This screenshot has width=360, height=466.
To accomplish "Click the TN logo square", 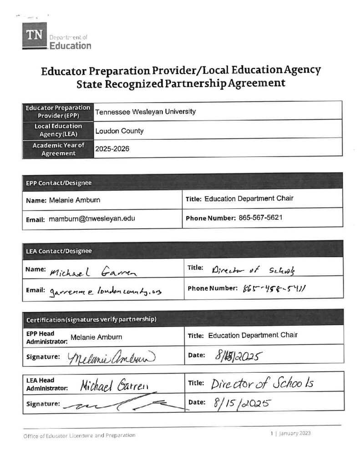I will (34, 35).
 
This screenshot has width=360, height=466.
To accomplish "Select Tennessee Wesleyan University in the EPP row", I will (146, 111).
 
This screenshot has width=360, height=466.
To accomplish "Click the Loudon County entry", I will (119, 131).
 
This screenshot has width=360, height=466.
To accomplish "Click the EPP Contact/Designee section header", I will (58, 183).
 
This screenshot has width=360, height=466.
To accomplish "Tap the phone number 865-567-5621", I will (260, 218).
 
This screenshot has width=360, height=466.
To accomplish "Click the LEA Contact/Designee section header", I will (58, 251).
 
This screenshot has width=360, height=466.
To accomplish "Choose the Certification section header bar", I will (91, 319).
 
